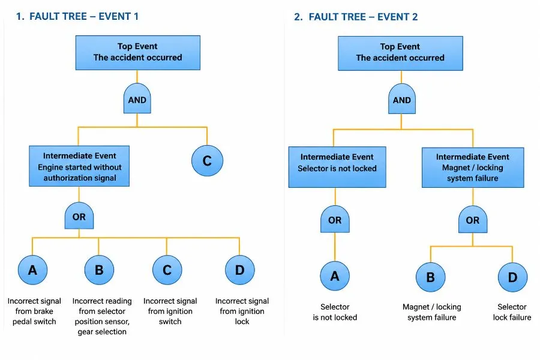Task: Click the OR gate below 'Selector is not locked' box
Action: click(x=335, y=219)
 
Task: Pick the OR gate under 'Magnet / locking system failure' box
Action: click(x=473, y=219)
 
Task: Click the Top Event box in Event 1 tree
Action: click(x=138, y=52)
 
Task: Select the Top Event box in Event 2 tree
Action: click(x=400, y=53)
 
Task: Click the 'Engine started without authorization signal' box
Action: click(x=79, y=166)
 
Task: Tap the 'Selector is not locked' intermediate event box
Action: click(x=337, y=167)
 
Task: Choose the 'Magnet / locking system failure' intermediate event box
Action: click(x=473, y=167)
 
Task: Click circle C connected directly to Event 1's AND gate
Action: click(x=208, y=161)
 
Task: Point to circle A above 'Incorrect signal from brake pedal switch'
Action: click(x=33, y=270)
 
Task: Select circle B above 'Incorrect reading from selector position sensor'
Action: click(x=99, y=270)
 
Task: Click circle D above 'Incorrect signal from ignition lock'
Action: click(x=240, y=270)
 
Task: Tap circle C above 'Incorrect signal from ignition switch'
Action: click(x=167, y=270)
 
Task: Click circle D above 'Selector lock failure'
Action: click(x=513, y=277)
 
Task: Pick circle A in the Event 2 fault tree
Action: click(x=335, y=276)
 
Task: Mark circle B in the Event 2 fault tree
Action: click(x=430, y=277)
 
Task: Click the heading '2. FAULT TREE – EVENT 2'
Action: click(x=356, y=17)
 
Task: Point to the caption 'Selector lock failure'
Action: click(x=512, y=312)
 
